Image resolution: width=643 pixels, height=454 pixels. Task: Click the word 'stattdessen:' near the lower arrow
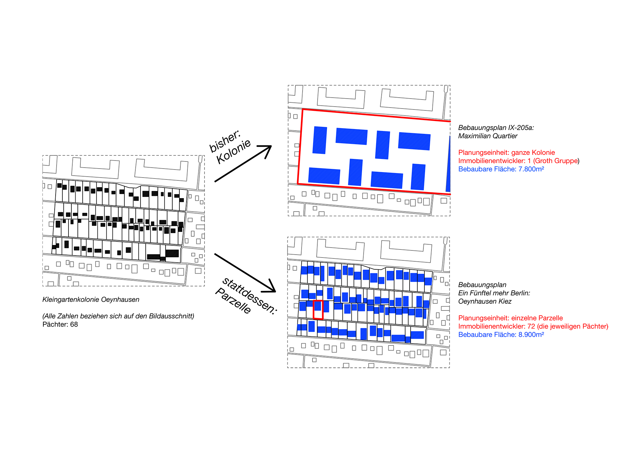click(249, 296)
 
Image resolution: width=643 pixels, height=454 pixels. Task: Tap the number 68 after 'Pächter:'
click(74, 324)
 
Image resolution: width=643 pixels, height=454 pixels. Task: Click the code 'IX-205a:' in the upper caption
click(521, 128)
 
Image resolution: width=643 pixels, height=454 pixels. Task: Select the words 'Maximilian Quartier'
click(488, 136)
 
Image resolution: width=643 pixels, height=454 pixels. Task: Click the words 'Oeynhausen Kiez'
click(485, 301)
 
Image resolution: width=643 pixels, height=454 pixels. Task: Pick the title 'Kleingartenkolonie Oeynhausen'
click(91, 300)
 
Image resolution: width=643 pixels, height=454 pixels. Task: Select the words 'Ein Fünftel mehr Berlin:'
click(494, 293)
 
